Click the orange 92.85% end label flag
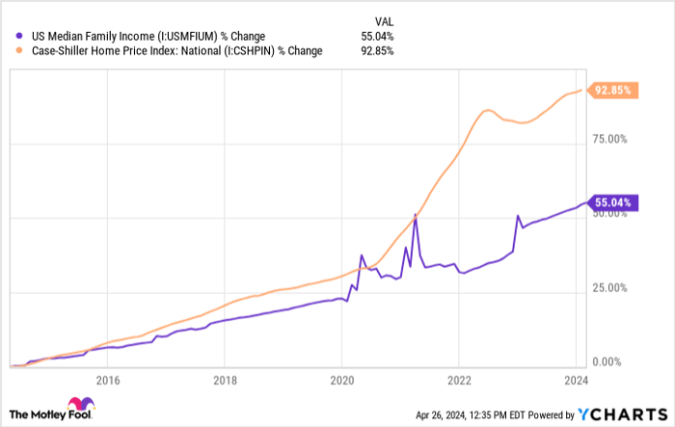click(613, 91)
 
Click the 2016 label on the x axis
click(106, 380)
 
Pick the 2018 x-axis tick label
click(224, 380)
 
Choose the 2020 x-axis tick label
click(341, 380)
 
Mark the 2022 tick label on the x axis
click(459, 380)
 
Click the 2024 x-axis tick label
click(577, 380)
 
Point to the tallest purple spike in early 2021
click(415, 214)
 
